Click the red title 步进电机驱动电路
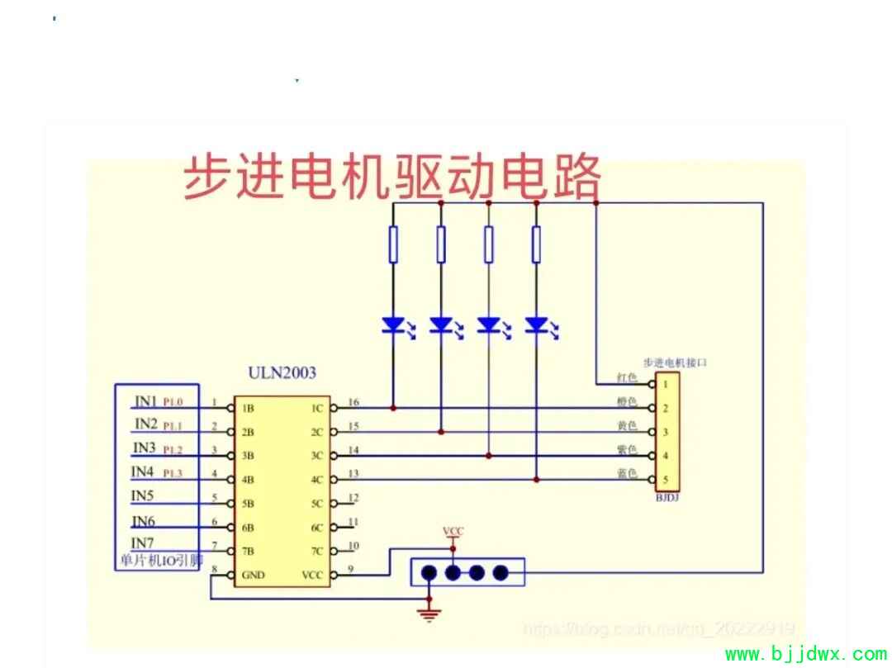[x=391, y=177]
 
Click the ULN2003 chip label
[x=282, y=373]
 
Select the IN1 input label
[x=145, y=401]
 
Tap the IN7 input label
[x=143, y=542]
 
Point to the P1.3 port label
[x=173, y=473]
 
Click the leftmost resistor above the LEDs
[x=393, y=244]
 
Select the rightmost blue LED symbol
[x=537, y=325]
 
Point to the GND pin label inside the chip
[x=253, y=575]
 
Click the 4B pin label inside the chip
[x=248, y=480]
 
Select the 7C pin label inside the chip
[x=317, y=551]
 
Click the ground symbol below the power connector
[x=429, y=612]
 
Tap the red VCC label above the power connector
[x=453, y=531]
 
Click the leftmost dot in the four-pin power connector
[x=429, y=572]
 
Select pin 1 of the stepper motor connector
[x=664, y=384]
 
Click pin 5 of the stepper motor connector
[x=664, y=480]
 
